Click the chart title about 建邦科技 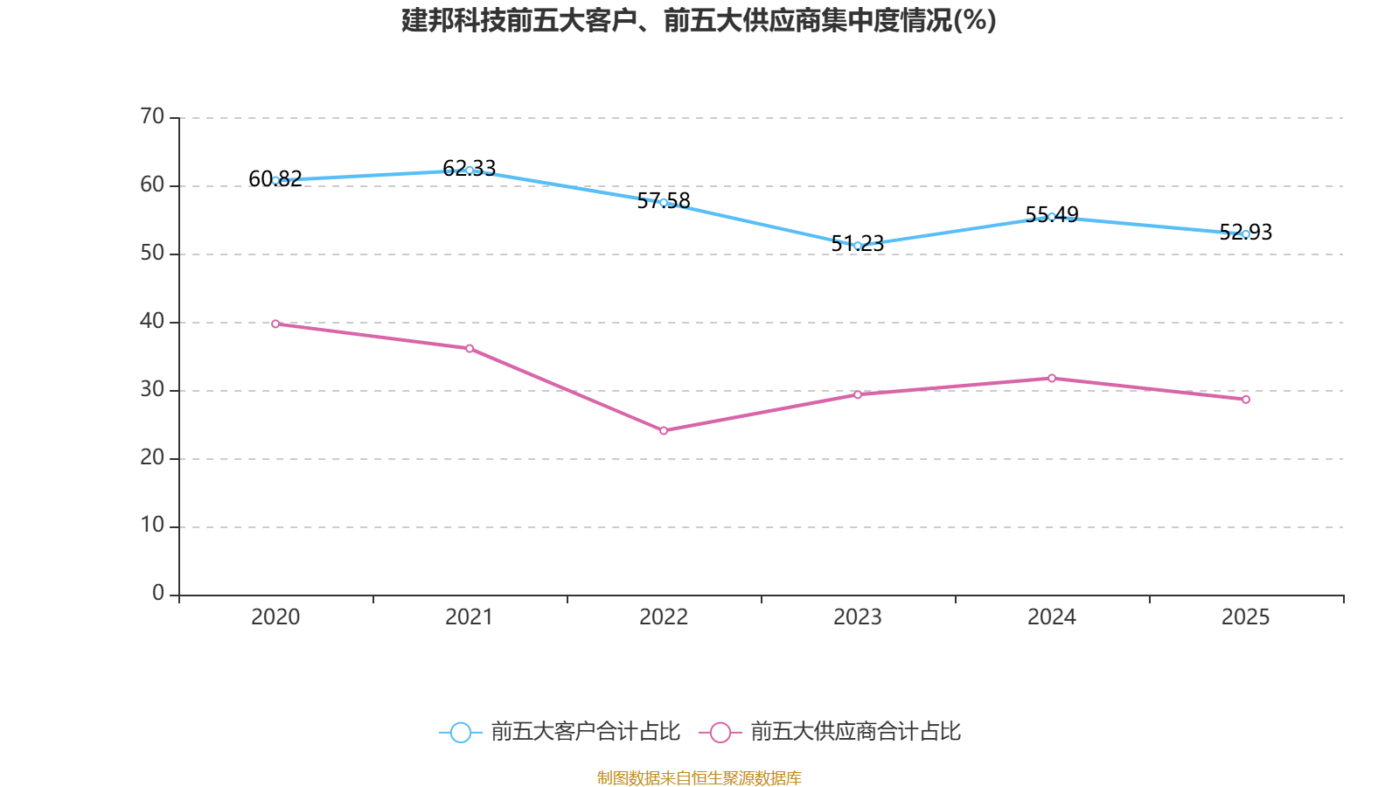[x=699, y=21]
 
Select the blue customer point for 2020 [x=275, y=180]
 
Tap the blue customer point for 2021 [x=470, y=170]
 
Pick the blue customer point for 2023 [x=858, y=246]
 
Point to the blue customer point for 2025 [x=1246, y=234]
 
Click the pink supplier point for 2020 [x=275, y=324]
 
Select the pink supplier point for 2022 [x=664, y=430]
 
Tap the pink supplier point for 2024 [x=1052, y=378]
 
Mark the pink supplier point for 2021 [x=470, y=348]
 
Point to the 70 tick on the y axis [x=152, y=117]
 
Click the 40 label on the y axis [x=152, y=322]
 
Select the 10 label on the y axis [x=152, y=526]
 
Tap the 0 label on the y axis [x=158, y=594]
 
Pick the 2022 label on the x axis [x=664, y=617]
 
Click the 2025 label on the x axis [x=1245, y=617]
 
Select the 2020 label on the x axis [x=275, y=617]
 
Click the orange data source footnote [x=699, y=777]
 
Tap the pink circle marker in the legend [x=720, y=732]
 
